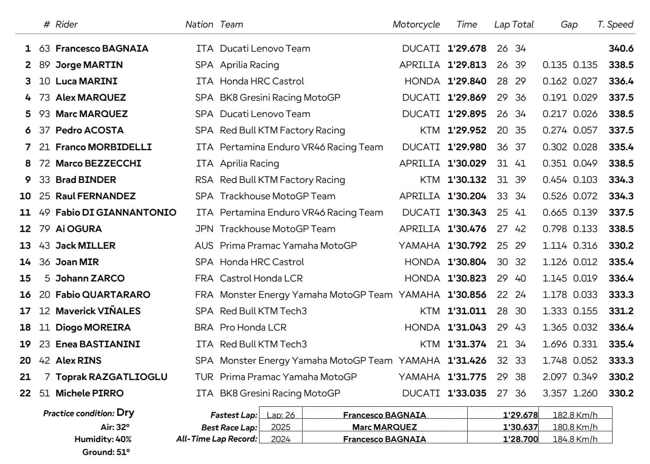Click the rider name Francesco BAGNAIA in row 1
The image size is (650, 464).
tap(102, 49)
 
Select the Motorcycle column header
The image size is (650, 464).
tap(416, 25)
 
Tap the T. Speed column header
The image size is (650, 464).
tap(615, 25)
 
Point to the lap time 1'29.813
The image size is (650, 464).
tap(466, 65)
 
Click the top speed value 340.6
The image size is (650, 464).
tap(621, 49)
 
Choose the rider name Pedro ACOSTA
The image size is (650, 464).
tap(89, 130)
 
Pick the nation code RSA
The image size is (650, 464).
tap(204, 180)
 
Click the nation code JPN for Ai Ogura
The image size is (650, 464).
tap(204, 229)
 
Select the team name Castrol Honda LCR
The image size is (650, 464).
tap(261, 278)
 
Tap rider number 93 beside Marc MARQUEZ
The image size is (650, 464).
tap(44, 114)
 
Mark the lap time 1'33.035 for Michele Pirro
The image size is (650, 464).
tap(466, 393)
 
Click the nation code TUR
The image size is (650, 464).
tap(204, 377)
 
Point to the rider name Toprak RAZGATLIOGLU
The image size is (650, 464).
tap(111, 377)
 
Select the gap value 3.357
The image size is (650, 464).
tap(555, 393)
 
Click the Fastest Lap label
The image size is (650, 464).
tap(234, 415)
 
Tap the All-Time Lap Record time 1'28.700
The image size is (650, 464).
tap(520, 439)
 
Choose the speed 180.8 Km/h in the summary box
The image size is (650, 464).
tap(575, 427)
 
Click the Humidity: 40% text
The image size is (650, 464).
tap(103, 439)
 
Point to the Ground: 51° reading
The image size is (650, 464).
tap(106, 452)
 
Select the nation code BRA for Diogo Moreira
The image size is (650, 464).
tap(204, 328)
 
